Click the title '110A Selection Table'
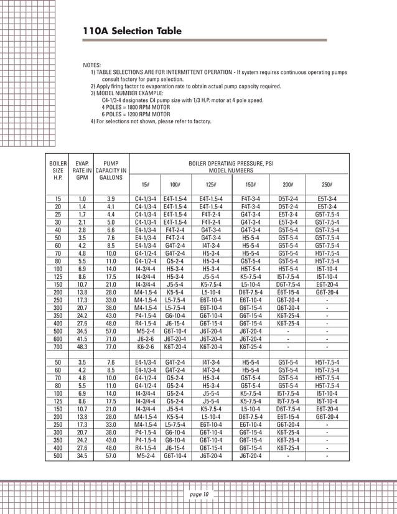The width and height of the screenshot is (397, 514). click(x=133, y=31)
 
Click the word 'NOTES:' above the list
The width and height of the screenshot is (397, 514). click(x=93, y=65)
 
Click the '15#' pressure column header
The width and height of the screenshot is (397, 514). click(x=145, y=185)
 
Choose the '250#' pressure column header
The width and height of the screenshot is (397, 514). click(x=327, y=185)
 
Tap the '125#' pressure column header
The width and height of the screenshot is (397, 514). click(x=212, y=185)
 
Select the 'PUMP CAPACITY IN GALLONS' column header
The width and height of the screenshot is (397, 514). click(x=111, y=170)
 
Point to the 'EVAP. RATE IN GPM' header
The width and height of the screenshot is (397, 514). click(x=82, y=170)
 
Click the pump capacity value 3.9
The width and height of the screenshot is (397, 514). click(x=111, y=199)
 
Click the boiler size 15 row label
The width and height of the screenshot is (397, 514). click(x=58, y=199)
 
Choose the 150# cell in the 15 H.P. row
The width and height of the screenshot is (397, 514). click(x=250, y=199)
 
